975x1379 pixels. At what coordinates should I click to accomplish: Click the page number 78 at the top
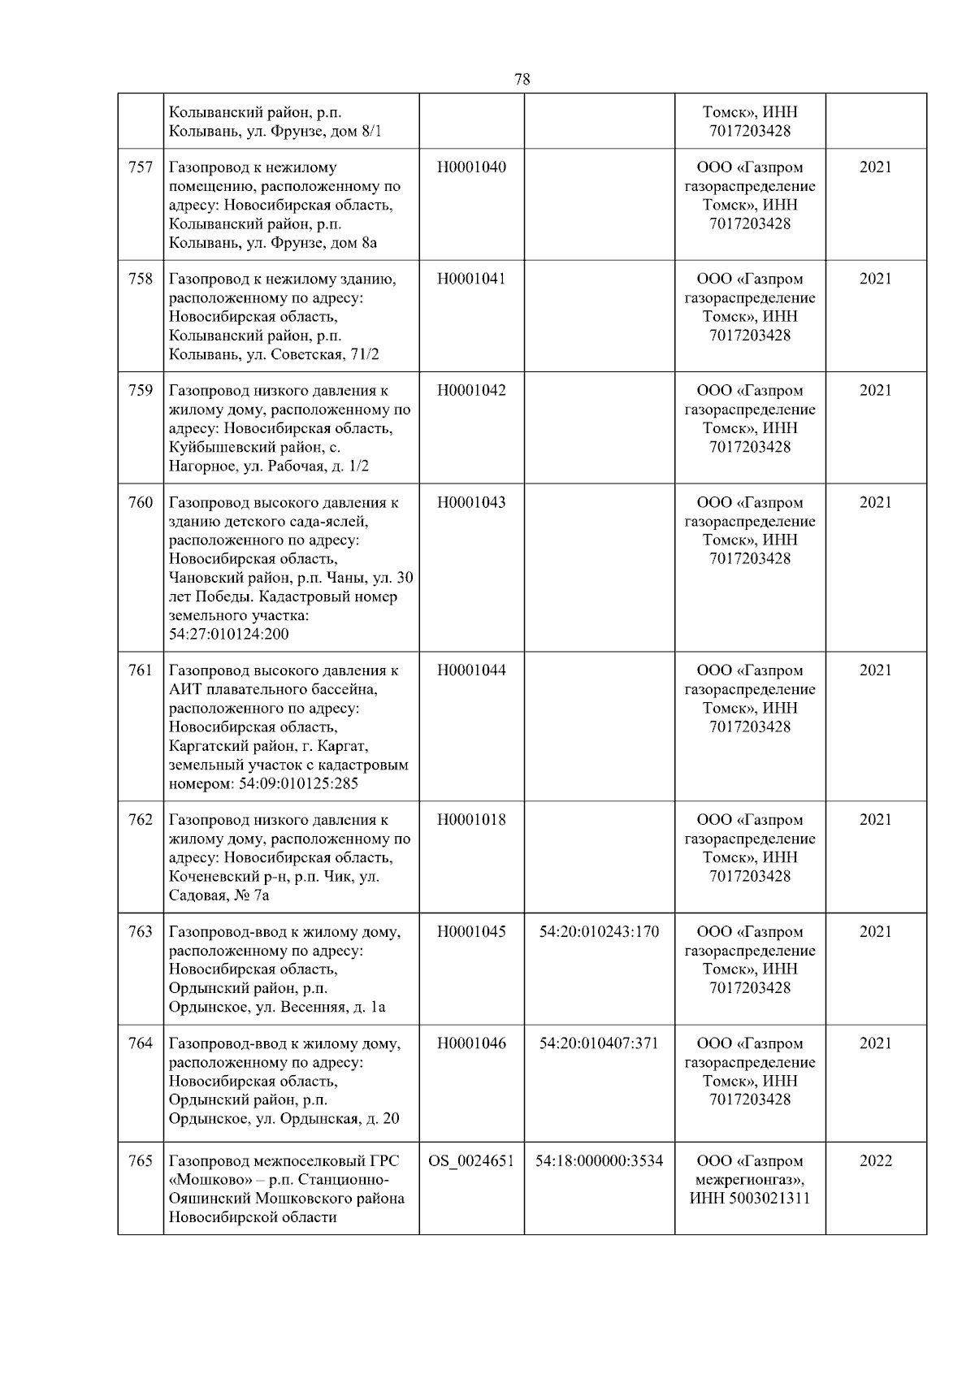click(522, 79)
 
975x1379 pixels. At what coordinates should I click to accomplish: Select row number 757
click(141, 167)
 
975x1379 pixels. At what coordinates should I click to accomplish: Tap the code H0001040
click(471, 167)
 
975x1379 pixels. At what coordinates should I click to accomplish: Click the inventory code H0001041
click(471, 279)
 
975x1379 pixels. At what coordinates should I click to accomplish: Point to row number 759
click(141, 390)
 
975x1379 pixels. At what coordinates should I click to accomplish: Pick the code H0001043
click(471, 502)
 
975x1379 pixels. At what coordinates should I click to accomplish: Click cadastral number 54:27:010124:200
click(228, 634)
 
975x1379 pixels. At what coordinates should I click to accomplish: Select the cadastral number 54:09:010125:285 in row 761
click(297, 784)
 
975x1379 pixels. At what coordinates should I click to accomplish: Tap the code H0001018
click(471, 819)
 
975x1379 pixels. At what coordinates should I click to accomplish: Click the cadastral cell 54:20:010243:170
click(599, 931)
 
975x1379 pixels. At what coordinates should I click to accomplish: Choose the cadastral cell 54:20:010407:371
click(599, 1043)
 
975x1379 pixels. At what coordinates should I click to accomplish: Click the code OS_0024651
click(471, 1160)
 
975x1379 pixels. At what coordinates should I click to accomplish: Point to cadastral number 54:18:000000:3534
click(599, 1160)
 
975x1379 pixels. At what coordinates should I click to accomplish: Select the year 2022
click(875, 1160)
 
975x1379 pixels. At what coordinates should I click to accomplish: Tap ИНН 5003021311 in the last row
click(749, 1198)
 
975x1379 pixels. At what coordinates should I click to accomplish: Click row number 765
click(141, 1160)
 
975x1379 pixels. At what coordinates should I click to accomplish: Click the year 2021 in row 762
click(875, 819)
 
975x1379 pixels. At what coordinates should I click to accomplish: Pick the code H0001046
click(471, 1043)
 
